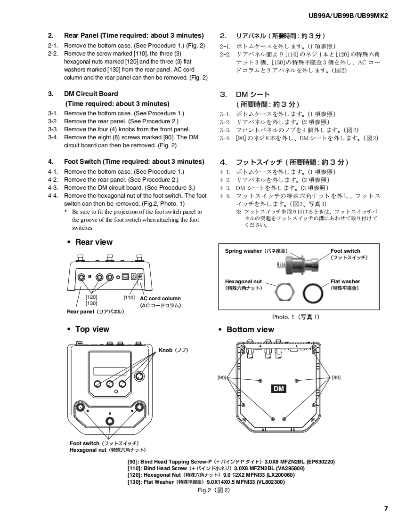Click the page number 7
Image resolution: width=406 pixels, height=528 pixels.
[386, 508]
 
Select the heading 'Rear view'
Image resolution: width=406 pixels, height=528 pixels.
[94, 242]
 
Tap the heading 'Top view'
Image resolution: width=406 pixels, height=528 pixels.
[92, 329]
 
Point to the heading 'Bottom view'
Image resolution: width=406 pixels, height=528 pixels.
[250, 329]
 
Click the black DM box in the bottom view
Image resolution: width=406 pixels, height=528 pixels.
[279, 389]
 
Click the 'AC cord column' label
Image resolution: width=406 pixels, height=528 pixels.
[160, 298]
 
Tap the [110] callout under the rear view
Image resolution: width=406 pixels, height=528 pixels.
[129, 297]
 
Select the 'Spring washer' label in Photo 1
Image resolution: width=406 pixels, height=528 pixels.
[256, 251]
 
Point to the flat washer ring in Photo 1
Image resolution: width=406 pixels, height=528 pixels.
[313, 294]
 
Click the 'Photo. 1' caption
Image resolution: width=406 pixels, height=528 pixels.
[296, 317]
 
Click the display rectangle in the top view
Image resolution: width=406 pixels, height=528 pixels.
[109, 371]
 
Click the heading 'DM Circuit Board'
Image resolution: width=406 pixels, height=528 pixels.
[91, 94]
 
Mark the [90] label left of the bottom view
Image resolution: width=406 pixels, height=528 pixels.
[221, 377]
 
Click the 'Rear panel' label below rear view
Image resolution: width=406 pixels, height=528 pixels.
[96, 312]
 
